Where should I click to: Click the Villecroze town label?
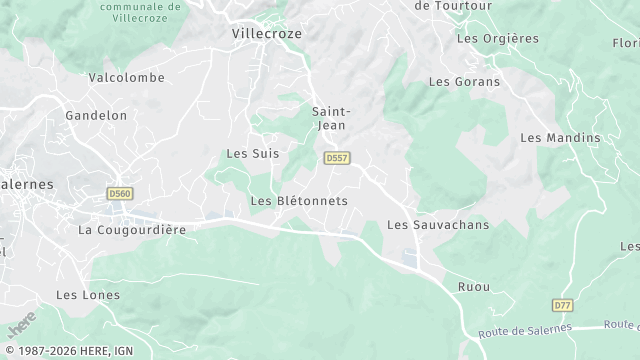[x=266, y=33]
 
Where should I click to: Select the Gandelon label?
[x=96, y=116]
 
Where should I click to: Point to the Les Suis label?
[x=253, y=154]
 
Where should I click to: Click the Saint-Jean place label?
[x=330, y=119]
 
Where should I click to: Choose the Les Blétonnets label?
[x=299, y=201]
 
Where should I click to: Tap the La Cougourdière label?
[x=132, y=230]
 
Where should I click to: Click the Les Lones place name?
[x=88, y=295]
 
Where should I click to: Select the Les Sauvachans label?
[x=438, y=225]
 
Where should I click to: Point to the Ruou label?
[x=474, y=287]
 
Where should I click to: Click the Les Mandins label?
[x=561, y=138]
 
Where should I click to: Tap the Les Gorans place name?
[x=464, y=82]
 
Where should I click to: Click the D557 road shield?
[x=337, y=158]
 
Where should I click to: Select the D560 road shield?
[x=119, y=193]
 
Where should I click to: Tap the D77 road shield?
[x=562, y=304]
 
